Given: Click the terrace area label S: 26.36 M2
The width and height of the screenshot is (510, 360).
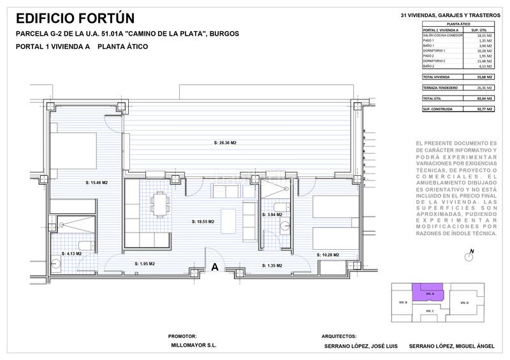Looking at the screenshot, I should [x=225, y=142].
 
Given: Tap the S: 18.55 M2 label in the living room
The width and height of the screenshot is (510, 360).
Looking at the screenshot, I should [x=203, y=222].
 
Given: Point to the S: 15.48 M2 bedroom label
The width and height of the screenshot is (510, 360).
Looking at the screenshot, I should [x=96, y=183].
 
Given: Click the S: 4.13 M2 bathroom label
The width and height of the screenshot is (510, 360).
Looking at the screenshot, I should [x=72, y=254].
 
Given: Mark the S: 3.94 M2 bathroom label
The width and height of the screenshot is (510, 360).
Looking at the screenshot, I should [x=272, y=215].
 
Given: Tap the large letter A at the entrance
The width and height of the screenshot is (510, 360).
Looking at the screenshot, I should [x=215, y=267].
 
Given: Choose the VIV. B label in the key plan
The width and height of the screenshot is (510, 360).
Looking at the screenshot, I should [x=402, y=302].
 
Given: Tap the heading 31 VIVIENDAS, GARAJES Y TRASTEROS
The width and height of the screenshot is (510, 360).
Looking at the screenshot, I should [x=448, y=15].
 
